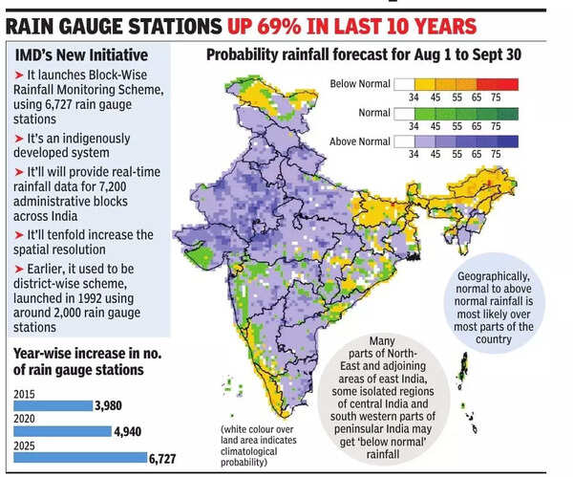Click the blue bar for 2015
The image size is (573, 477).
(x=53, y=404)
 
